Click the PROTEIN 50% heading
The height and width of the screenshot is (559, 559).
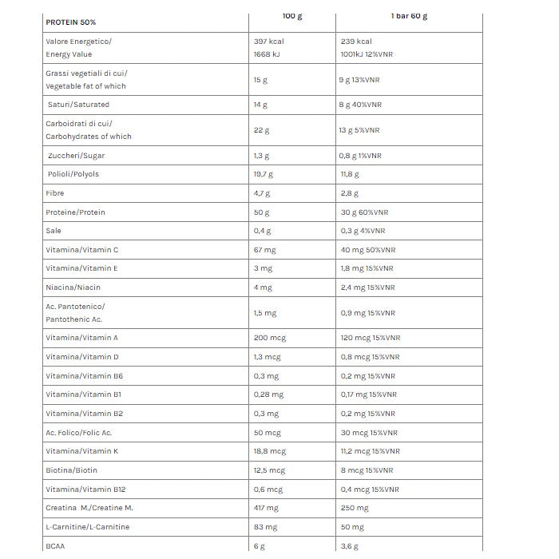pos(70,22)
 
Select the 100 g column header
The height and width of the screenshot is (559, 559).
pos(292,16)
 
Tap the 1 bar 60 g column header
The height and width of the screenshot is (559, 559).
pos(408,16)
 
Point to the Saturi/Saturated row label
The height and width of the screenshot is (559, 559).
pos(78,105)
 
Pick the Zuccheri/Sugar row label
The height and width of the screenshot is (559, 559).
pos(76,156)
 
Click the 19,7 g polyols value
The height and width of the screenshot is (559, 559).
pos(263,174)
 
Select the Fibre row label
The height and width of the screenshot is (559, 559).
pos(55,193)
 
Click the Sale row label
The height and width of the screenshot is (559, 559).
pos(54,231)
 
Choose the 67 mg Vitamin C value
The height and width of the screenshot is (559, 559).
pos(264,250)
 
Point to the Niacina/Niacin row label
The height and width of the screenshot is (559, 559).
pos(73,287)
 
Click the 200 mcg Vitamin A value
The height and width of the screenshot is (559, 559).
pos(269,338)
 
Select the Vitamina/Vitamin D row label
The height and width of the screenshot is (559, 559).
pos(82,357)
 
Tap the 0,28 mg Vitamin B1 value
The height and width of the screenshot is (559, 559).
pos(268,394)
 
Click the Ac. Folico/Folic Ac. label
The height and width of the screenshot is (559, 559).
pos(79,432)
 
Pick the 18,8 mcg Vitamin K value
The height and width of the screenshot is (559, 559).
pos(270,451)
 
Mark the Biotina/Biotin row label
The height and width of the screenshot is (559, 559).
pos(72,470)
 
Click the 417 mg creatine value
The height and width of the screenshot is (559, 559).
pos(265,508)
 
